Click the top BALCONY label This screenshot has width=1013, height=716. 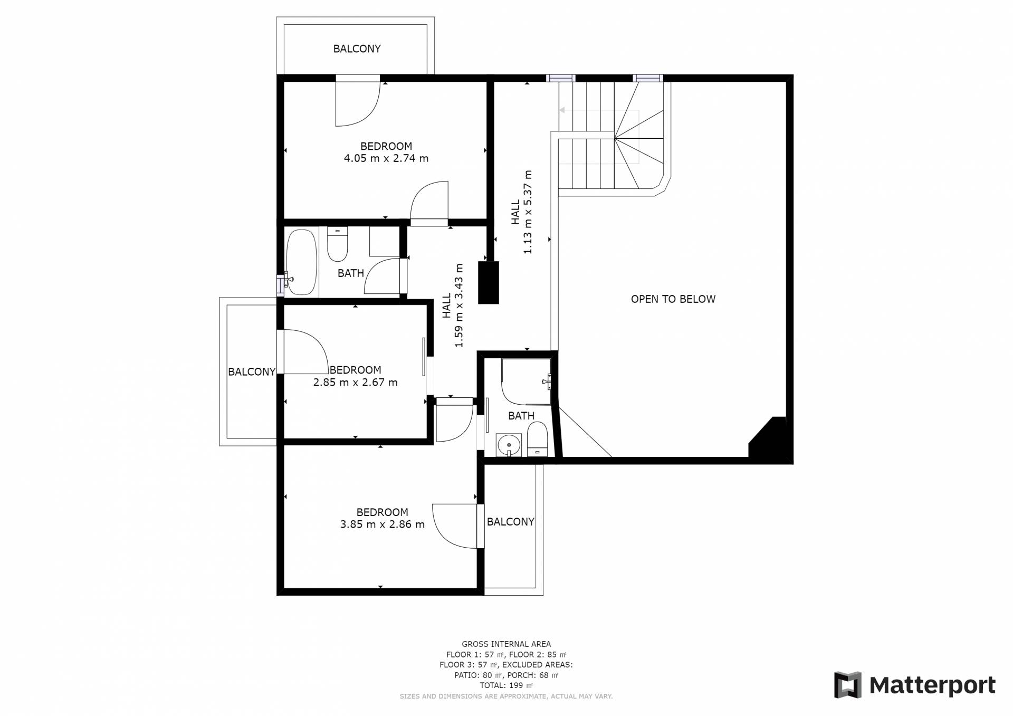tap(357, 49)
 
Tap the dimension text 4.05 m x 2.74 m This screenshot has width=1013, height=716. tap(386, 158)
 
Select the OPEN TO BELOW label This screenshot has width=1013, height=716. tap(673, 299)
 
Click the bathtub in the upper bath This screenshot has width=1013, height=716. tap(301, 262)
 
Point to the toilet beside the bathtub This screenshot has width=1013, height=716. tap(337, 244)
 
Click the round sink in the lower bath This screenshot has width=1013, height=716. tap(509, 445)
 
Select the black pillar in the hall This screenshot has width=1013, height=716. tap(489, 282)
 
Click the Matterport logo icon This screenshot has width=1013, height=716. tap(847, 685)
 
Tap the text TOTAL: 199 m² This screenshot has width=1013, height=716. tap(506, 685)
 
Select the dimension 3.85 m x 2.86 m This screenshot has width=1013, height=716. tap(383, 524)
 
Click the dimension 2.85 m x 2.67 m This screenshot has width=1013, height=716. tap(355, 383)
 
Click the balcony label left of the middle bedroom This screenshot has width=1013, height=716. tap(252, 371)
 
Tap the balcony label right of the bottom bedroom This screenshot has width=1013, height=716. tap(511, 522)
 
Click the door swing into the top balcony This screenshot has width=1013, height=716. tap(358, 101)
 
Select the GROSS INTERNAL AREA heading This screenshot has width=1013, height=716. tap(506, 644)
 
